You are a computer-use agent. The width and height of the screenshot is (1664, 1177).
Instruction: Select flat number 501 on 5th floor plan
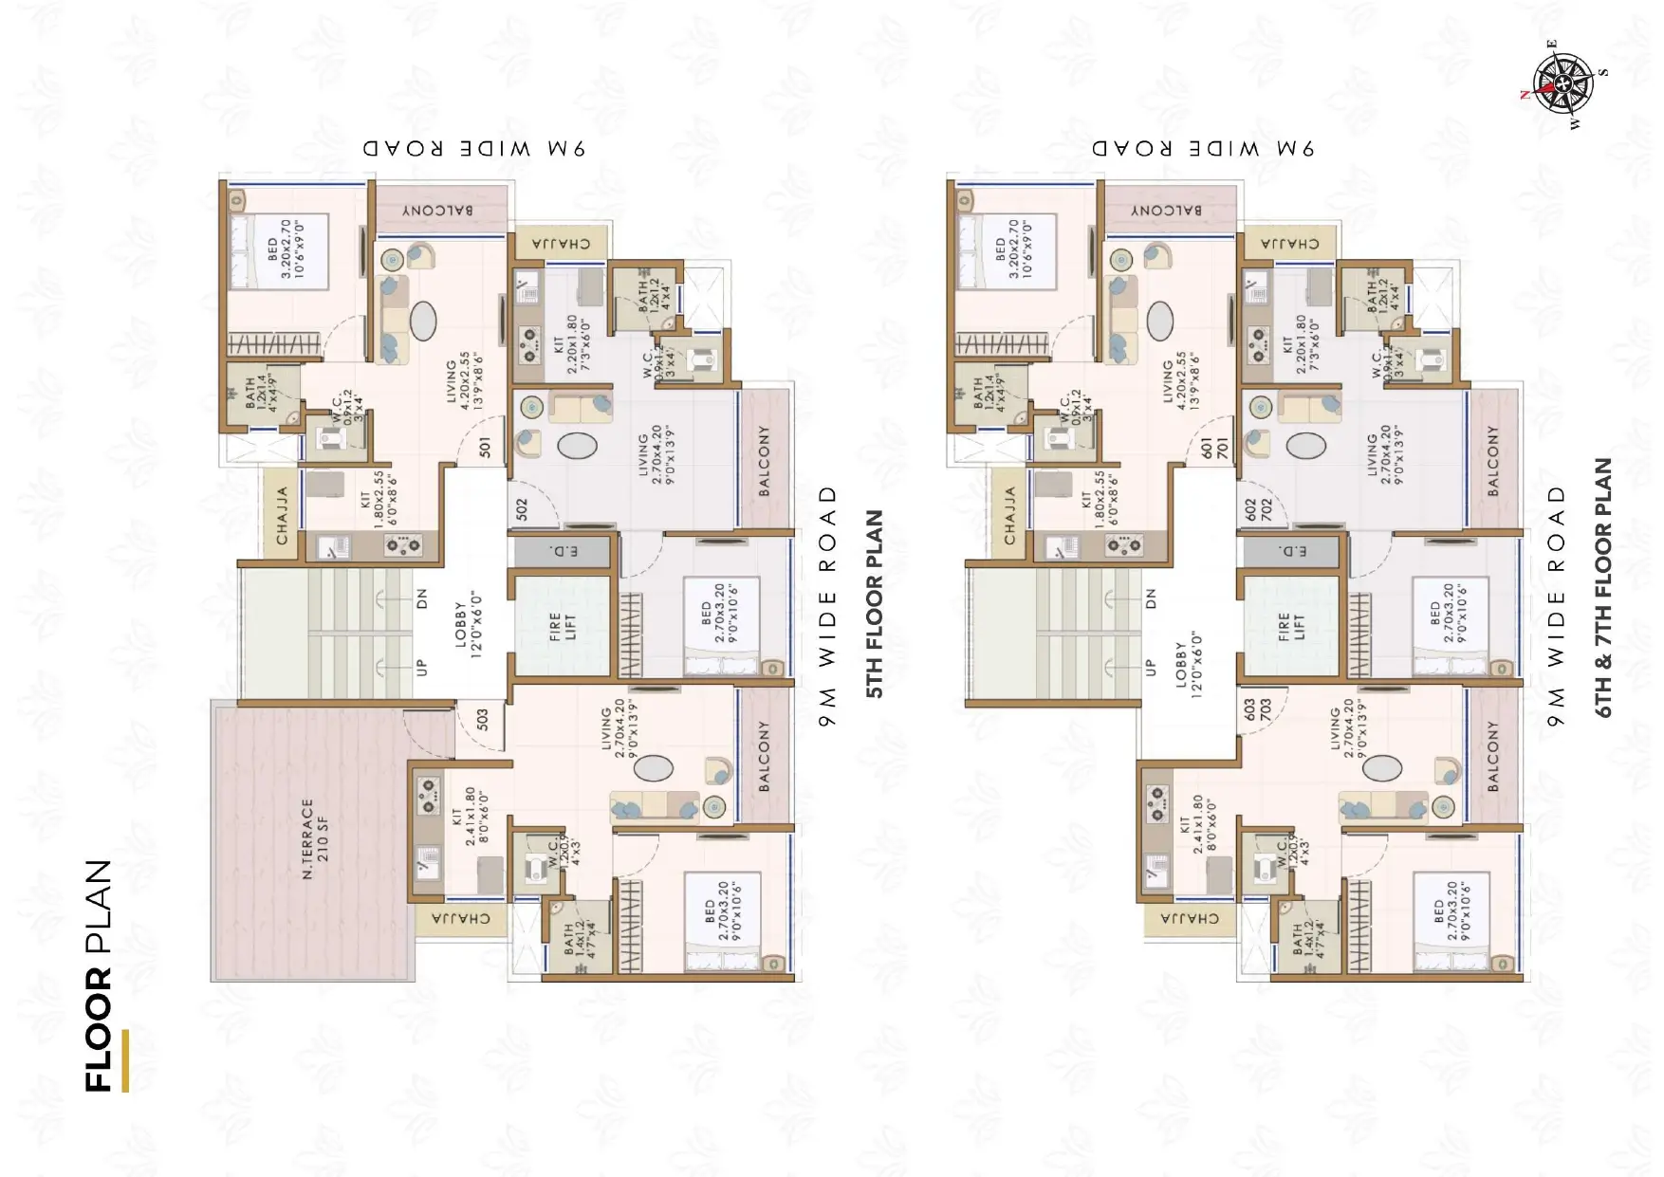[x=485, y=448]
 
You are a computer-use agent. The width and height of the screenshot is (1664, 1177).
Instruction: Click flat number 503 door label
[x=482, y=720]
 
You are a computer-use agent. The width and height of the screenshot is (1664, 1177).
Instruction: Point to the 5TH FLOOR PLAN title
[x=875, y=604]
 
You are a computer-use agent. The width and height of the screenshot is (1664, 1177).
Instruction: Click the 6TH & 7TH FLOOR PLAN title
[x=1603, y=587]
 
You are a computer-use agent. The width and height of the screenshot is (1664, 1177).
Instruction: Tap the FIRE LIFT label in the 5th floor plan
[x=563, y=627]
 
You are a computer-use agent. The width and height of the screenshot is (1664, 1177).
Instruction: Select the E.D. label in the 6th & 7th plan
[x=1292, y=551]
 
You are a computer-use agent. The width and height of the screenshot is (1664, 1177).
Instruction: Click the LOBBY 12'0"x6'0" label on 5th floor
[x=468, y=624]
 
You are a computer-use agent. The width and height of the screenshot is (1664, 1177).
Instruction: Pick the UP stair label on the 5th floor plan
[x=422, y=668]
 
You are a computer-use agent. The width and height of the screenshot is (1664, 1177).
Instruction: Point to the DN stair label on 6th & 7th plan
[x=1151, y=598]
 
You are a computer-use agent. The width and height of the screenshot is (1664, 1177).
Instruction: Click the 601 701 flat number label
[x=1213, y=448]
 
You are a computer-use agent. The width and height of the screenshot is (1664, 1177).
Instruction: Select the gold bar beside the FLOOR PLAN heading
[x=125, y=1060]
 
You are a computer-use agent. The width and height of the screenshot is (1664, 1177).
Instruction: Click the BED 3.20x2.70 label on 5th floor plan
[x=281, y=249]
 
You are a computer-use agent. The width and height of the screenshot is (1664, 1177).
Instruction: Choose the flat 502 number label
[x=522, y=509]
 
